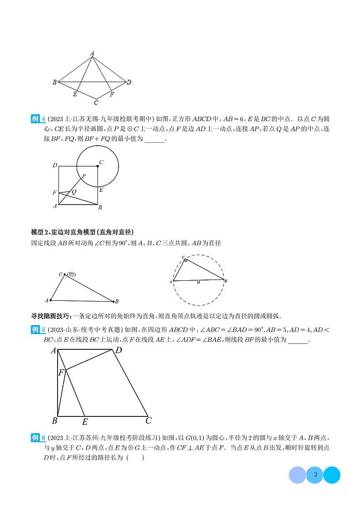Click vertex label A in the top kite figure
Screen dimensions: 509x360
click(92, 54)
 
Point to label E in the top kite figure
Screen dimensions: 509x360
click(75, 94)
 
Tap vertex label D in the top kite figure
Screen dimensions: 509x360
click(129, 82)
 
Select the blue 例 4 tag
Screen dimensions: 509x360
click(38, 119)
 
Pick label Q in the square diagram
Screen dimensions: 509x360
click(74, 191)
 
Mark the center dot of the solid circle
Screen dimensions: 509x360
click(97, 166)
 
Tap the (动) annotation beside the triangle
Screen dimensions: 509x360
click(70, 274)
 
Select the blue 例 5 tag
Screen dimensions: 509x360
click(38, 330)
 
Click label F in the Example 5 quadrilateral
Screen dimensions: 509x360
click(61, 373)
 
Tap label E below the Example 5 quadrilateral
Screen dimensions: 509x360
click(85, 422)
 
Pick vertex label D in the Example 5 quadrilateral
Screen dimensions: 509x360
click(118, 350)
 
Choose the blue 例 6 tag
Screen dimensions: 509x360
click(38, 438)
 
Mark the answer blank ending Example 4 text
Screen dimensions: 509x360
click(155, 140)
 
